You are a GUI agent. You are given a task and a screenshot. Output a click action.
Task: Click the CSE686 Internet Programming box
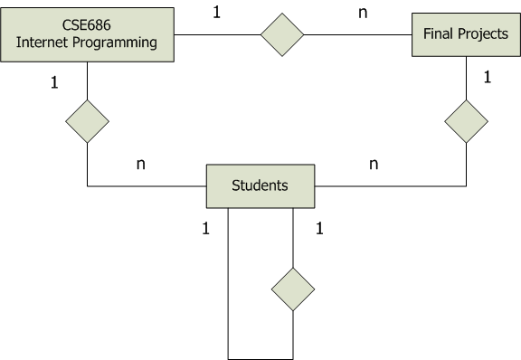click(87, 34)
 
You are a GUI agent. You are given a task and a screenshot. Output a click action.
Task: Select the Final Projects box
click(466, 34)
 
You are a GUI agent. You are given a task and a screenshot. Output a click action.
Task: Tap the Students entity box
click(260, 186)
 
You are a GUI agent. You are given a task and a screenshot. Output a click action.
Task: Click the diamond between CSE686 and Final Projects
click(282, 34)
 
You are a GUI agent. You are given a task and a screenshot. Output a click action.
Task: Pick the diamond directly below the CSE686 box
click(88, 121)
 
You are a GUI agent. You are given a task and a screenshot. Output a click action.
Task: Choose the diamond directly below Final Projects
click(466, 121)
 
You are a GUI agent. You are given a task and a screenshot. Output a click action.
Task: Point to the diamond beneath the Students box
click(293, 289)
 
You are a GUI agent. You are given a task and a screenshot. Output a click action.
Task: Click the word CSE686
click(87, 25)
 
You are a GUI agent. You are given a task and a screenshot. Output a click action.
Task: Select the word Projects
click(483, 34)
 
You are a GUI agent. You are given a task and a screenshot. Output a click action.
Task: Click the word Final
click(439, 33)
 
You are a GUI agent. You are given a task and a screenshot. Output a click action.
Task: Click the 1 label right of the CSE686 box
click(217, 13)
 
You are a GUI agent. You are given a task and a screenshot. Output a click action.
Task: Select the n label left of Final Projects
click(363, 14)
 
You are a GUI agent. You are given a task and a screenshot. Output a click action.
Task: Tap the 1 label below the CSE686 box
click(54, 82)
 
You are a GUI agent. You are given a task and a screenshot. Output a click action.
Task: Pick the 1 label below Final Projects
click(488, 77)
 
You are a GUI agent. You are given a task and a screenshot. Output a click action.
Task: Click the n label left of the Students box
click(141, 165)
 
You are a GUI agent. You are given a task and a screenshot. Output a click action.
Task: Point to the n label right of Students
click(374, 165)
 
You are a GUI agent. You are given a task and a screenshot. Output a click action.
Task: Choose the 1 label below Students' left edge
click(206, 229)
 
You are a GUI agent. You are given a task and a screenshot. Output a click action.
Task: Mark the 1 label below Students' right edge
click(319, 229)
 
